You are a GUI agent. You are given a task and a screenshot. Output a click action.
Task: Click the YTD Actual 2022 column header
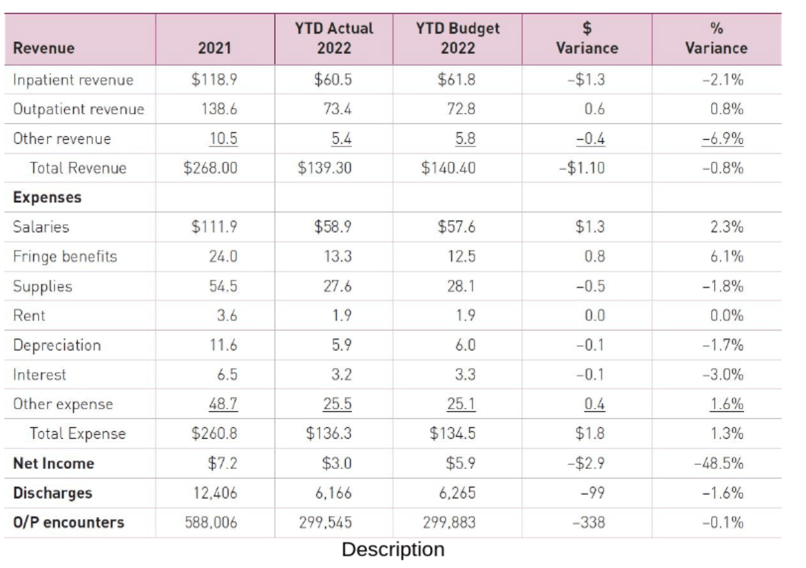[x=334, y=38]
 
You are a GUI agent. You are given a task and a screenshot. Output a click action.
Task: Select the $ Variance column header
[x=587, y=38]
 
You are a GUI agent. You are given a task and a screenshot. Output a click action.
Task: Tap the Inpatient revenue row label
[x=73, y=80]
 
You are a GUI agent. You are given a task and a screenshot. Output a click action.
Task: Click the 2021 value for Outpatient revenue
[x=219, y=109]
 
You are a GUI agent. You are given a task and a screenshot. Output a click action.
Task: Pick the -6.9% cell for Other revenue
[x=722, y=138]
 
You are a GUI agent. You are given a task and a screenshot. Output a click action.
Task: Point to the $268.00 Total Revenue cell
[x=210, y=168]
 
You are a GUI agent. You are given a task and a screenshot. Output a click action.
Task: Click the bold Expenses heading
[x=47, y=197]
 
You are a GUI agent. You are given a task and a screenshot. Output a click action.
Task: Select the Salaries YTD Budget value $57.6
[x=456, y=227]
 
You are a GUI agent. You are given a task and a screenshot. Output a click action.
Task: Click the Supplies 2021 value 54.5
[x=223, y=286]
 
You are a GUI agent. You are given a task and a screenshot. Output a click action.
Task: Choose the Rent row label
[x=29, y=315]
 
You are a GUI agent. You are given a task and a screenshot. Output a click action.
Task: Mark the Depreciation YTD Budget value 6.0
[x=465, y=345]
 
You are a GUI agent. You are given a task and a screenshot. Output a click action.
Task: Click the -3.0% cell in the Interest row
[x=722, y=374]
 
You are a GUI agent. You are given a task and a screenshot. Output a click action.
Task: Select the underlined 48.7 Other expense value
[x=223, y=403]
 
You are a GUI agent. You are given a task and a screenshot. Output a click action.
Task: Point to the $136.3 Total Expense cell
[x=328, y=433]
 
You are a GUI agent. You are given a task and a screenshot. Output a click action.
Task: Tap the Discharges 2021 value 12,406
[x=215, y=493]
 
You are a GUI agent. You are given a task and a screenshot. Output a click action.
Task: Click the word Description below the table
[x=393, y=549]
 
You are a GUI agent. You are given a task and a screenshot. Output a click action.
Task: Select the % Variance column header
[x=716, y=38]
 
